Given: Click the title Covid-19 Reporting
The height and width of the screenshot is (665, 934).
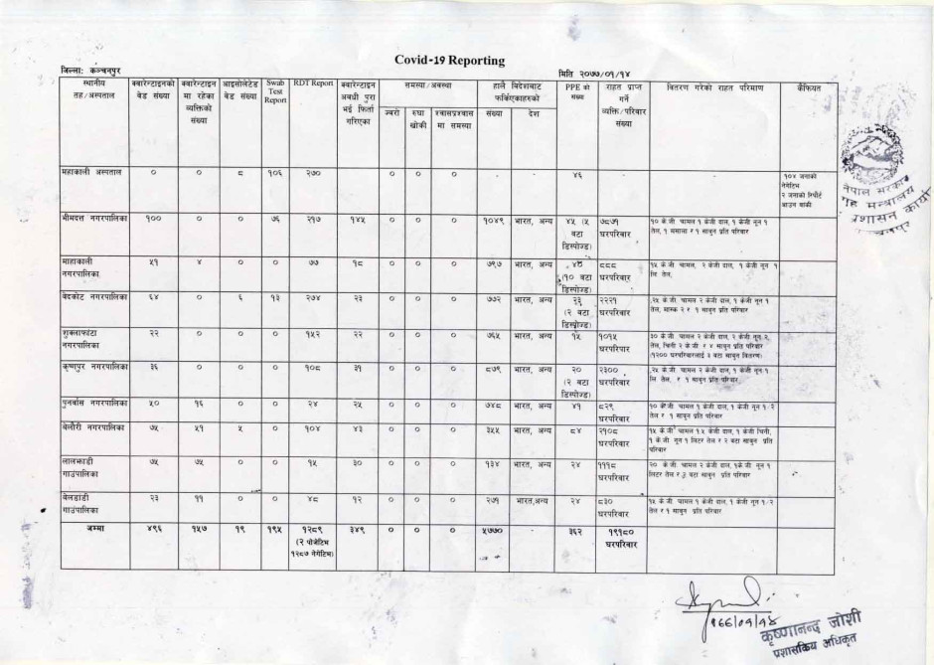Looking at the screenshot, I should point(449,61).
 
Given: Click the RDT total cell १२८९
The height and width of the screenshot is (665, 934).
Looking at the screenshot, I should point(312,530).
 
